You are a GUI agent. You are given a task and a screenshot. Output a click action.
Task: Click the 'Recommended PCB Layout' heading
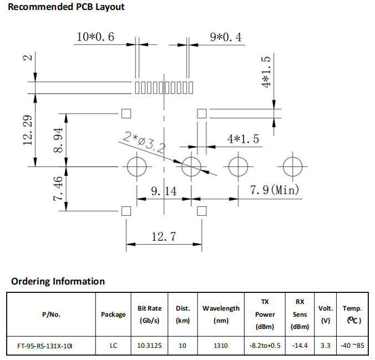click(x=66, y=7)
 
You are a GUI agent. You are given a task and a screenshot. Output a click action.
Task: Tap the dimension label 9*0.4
click(x=225, y=37)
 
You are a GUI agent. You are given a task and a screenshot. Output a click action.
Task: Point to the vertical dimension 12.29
click(x=29, y=129)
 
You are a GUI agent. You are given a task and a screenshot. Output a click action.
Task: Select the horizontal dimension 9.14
click(x=164, y=191)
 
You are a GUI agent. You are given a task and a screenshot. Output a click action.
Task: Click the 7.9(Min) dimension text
click(x=274, y=190)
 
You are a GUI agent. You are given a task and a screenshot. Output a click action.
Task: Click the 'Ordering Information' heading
click(x=58, y=281)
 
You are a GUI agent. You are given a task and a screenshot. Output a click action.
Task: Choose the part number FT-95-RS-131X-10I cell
click(x=45, y=346)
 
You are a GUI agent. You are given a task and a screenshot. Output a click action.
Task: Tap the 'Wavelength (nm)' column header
click(x=221, y=314)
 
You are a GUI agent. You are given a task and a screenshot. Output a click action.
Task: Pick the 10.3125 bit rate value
click(x=150, y=346)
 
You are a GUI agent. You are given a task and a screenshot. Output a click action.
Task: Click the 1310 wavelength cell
click(x=220, y=346)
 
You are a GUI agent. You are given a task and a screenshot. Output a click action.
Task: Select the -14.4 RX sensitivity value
click(x=300, y=346)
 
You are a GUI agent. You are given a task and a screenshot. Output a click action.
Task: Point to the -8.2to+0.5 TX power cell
click(x=265, y=346)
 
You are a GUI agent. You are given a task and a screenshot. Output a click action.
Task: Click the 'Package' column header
click(x=113, y=315)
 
